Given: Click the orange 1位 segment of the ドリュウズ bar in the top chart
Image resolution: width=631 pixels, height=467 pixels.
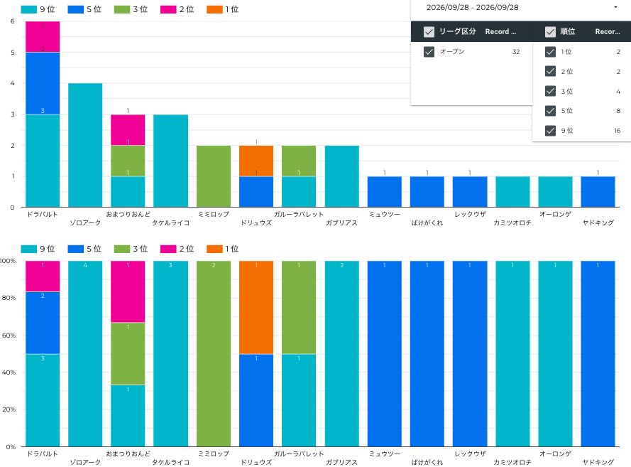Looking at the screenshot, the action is [256, 161].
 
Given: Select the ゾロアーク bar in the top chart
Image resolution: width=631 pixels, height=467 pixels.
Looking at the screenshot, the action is [85, 145].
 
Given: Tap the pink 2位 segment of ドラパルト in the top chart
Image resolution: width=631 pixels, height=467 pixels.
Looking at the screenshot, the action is [43, 37].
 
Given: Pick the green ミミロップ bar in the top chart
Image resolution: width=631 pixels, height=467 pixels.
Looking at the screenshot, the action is [214, 176].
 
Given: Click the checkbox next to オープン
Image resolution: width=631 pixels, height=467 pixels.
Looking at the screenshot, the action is [429, 52].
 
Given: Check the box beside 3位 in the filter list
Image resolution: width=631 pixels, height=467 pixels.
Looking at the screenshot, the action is [550, 91].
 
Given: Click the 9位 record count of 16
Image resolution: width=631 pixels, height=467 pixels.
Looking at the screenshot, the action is [618, 131].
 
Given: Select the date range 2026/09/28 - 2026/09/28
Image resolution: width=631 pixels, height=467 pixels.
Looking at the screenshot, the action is [473, 7].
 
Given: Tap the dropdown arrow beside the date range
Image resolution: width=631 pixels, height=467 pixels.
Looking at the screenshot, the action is [615, 7].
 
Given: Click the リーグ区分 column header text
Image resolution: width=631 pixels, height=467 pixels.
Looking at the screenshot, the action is [458, 31].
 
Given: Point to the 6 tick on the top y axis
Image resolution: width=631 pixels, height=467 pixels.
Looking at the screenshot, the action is [13, 21].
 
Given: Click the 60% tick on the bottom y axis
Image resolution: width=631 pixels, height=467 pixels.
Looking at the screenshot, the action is [9, 336].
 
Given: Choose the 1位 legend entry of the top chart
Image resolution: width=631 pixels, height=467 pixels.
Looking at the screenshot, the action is [223, 9].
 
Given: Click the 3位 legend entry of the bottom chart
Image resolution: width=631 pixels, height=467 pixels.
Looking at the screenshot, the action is [131, 249].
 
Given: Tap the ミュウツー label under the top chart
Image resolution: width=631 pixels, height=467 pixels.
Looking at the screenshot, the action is [384, 215].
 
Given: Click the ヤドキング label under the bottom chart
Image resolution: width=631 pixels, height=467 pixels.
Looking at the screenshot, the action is [598, 462].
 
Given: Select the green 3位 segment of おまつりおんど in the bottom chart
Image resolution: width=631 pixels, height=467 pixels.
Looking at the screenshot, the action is [128, 354].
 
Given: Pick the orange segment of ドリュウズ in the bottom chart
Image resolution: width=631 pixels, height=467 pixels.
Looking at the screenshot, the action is [256, 308].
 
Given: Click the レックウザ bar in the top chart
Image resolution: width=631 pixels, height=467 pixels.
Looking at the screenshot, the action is [470, 192].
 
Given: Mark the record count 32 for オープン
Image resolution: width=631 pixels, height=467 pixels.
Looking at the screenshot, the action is [516, 52].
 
